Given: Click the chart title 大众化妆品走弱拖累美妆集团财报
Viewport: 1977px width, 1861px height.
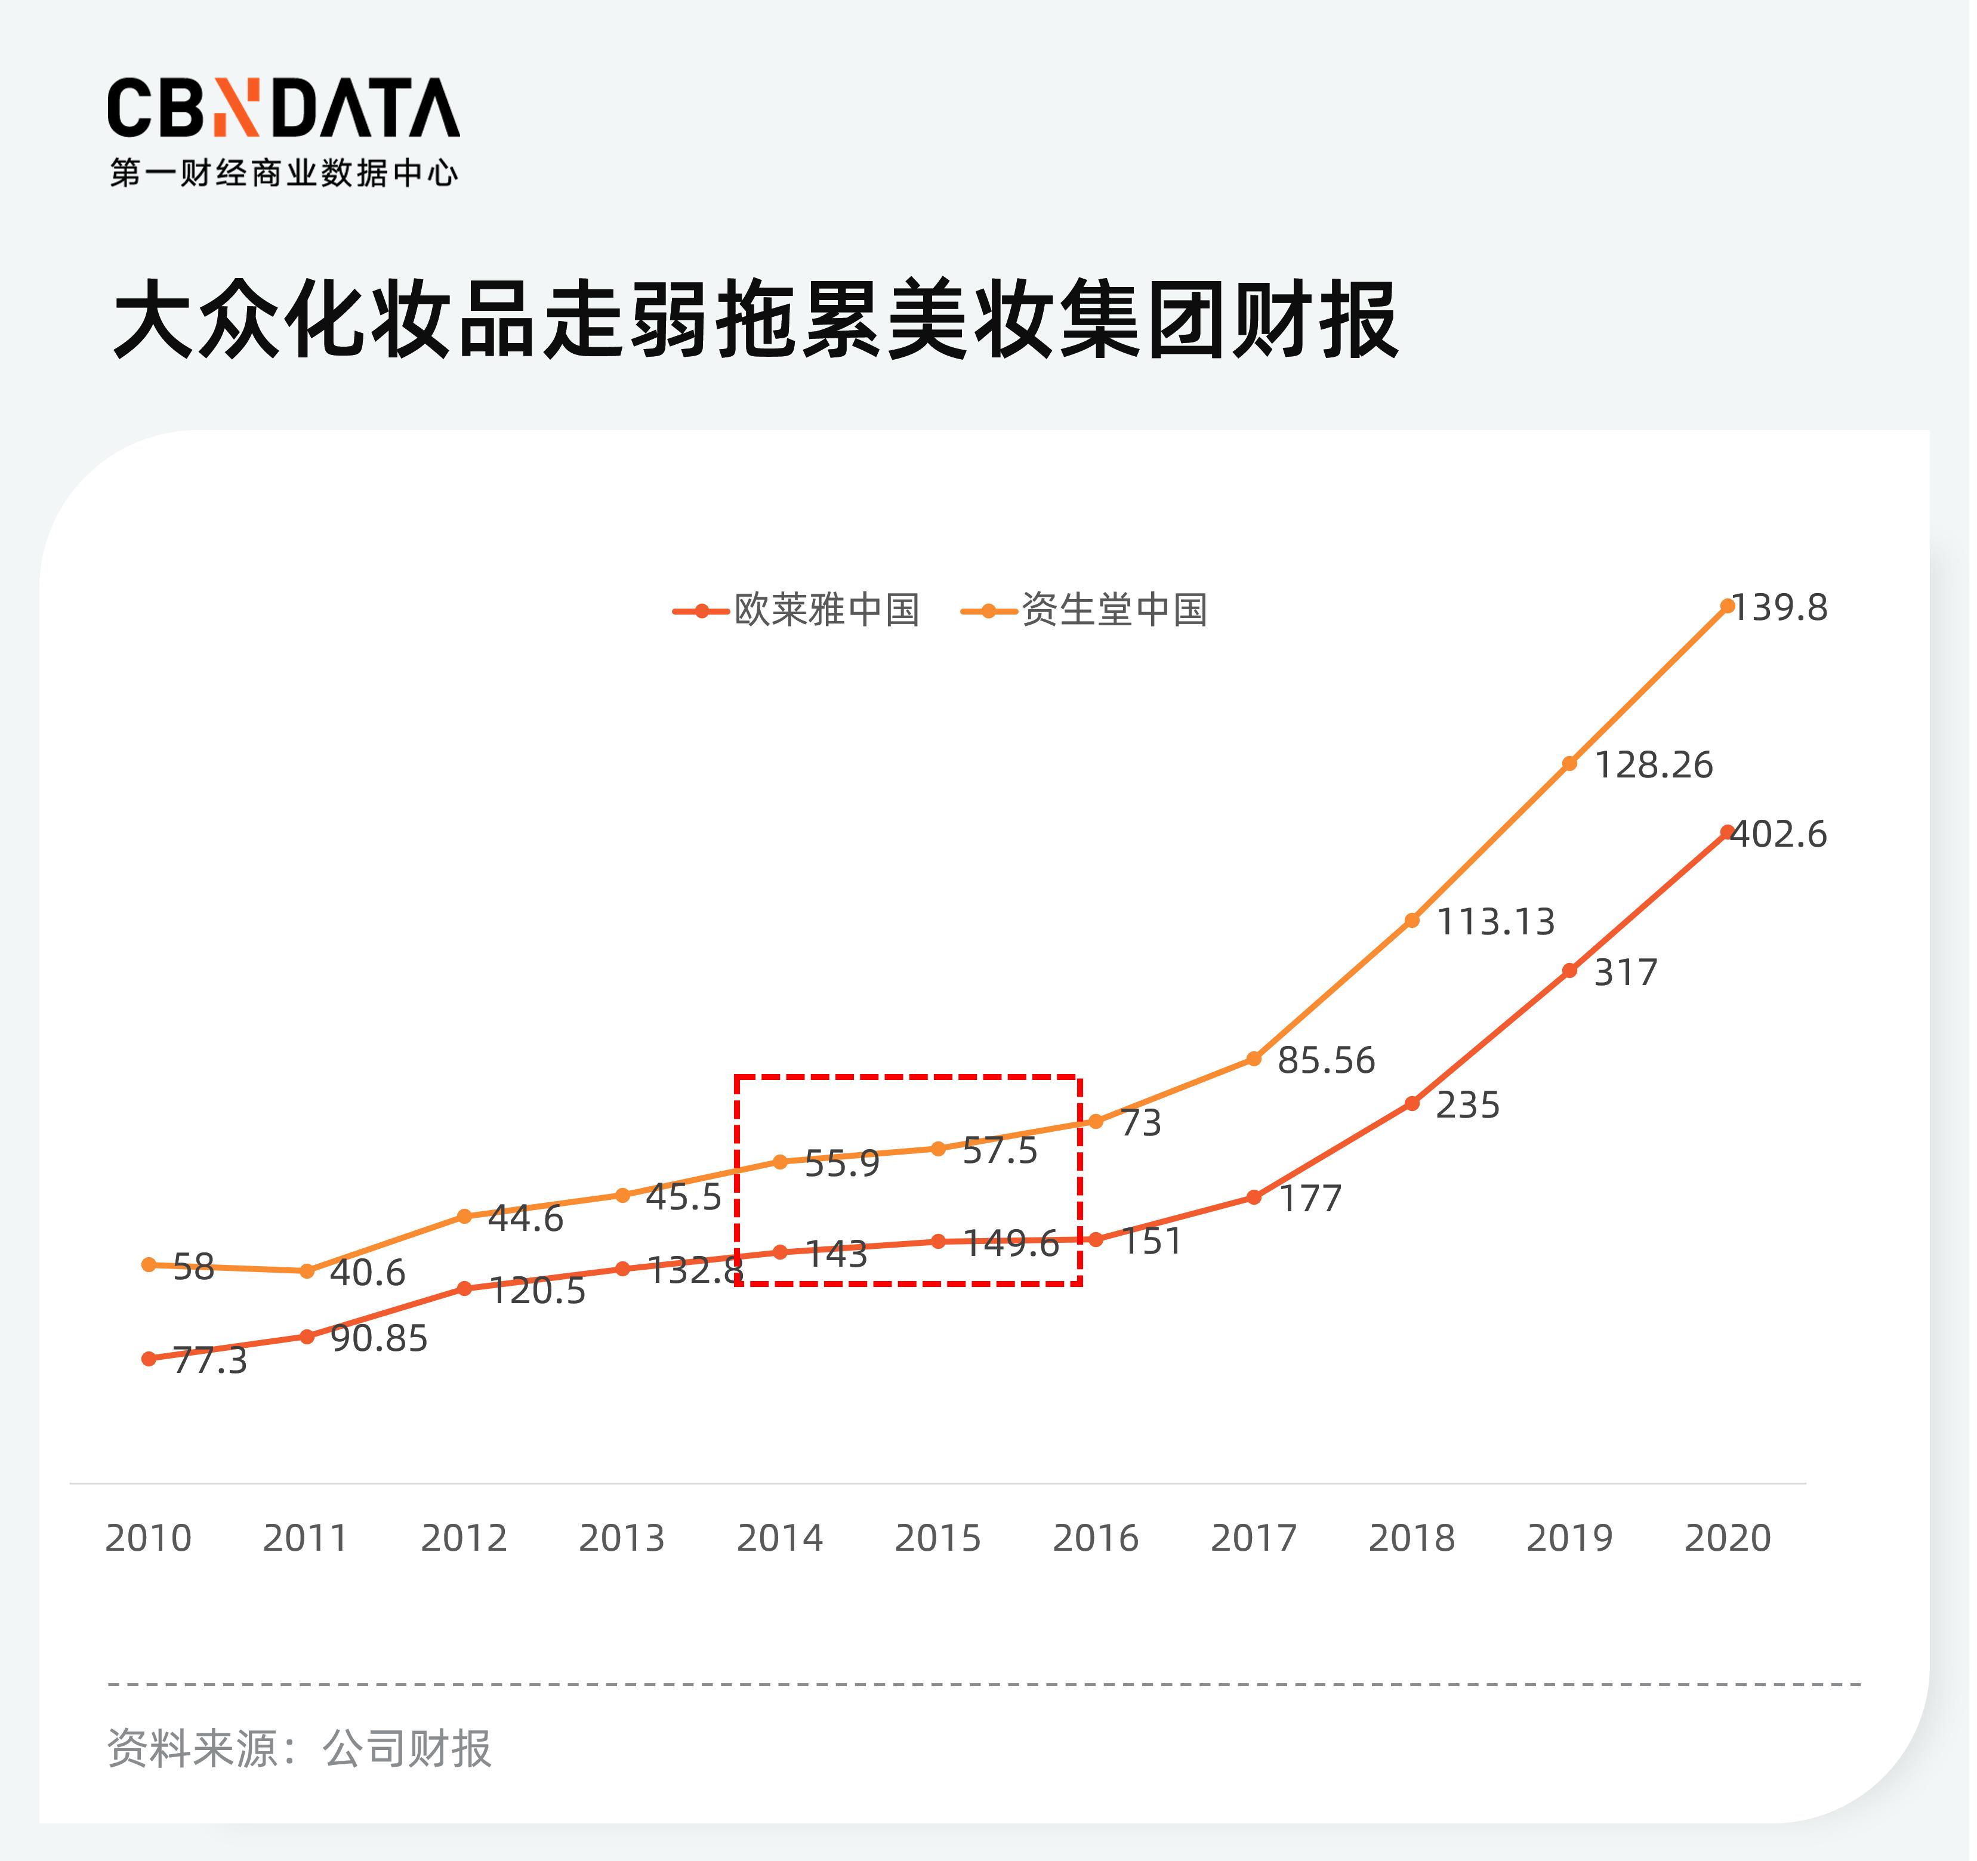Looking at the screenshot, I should click(756, 320).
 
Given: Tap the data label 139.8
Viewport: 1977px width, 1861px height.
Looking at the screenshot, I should click(1780, 607).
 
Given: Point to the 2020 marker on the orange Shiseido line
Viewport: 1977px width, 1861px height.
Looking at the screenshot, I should click(1728, 606).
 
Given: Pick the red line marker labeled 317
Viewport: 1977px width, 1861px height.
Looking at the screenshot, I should click(1569, 970).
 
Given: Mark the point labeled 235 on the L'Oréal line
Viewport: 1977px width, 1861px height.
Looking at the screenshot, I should click(1411, 1103).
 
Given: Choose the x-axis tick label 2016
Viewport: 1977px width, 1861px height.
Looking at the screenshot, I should click(1095, 1538).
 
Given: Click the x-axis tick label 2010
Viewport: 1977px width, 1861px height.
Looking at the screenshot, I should click(148, 1538).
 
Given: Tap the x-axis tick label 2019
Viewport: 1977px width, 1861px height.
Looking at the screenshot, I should click(1569, 1538).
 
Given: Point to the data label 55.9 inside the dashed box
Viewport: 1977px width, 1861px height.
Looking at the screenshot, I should click(841, 1163).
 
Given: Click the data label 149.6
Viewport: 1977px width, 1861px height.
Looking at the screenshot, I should click(1011, 1243).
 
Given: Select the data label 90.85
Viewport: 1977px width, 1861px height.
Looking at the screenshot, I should click(379, 1339).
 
